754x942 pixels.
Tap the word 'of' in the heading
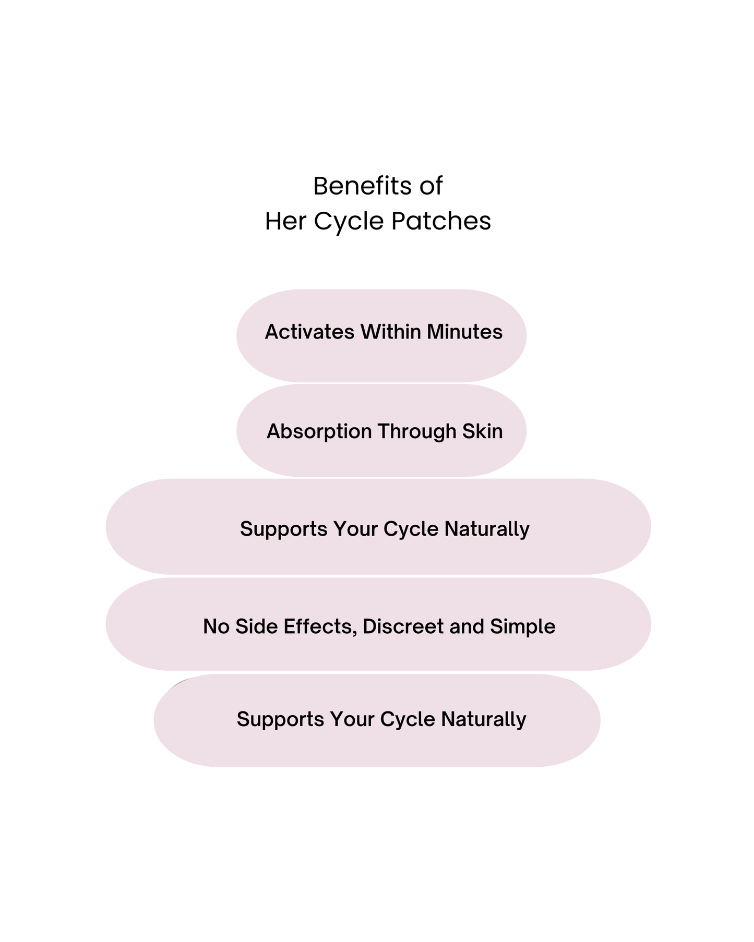(x=430, y=186)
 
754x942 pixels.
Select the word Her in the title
(x=284, y=221)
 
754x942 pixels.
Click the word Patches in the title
(x=441, y=221)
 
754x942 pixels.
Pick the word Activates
(x=309, y=332)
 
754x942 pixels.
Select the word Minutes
(x=464, y=332)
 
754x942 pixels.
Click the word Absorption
(x=319, y=432)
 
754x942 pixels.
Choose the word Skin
(x=482, y=431)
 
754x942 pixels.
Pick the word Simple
(x=522, y=626)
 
